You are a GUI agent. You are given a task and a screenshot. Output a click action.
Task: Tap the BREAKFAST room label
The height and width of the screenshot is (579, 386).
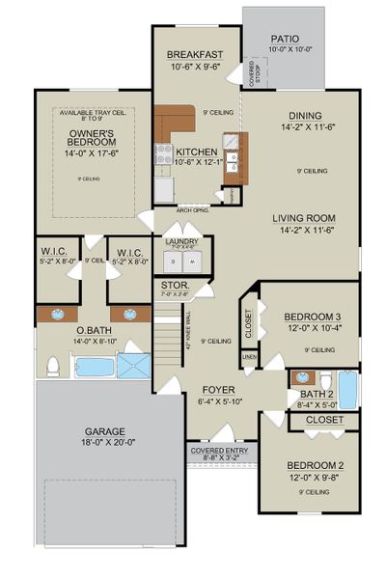click(195, 54)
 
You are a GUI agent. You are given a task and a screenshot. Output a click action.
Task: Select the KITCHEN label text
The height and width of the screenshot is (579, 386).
click(196, 152)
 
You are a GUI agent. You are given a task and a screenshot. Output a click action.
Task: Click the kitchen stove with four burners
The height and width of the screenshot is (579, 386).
click(164, 153)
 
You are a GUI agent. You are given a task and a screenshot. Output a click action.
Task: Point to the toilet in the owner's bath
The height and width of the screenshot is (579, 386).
click(54, 366)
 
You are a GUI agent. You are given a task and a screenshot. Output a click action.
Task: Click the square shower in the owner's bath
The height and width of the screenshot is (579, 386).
click(134, 366)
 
